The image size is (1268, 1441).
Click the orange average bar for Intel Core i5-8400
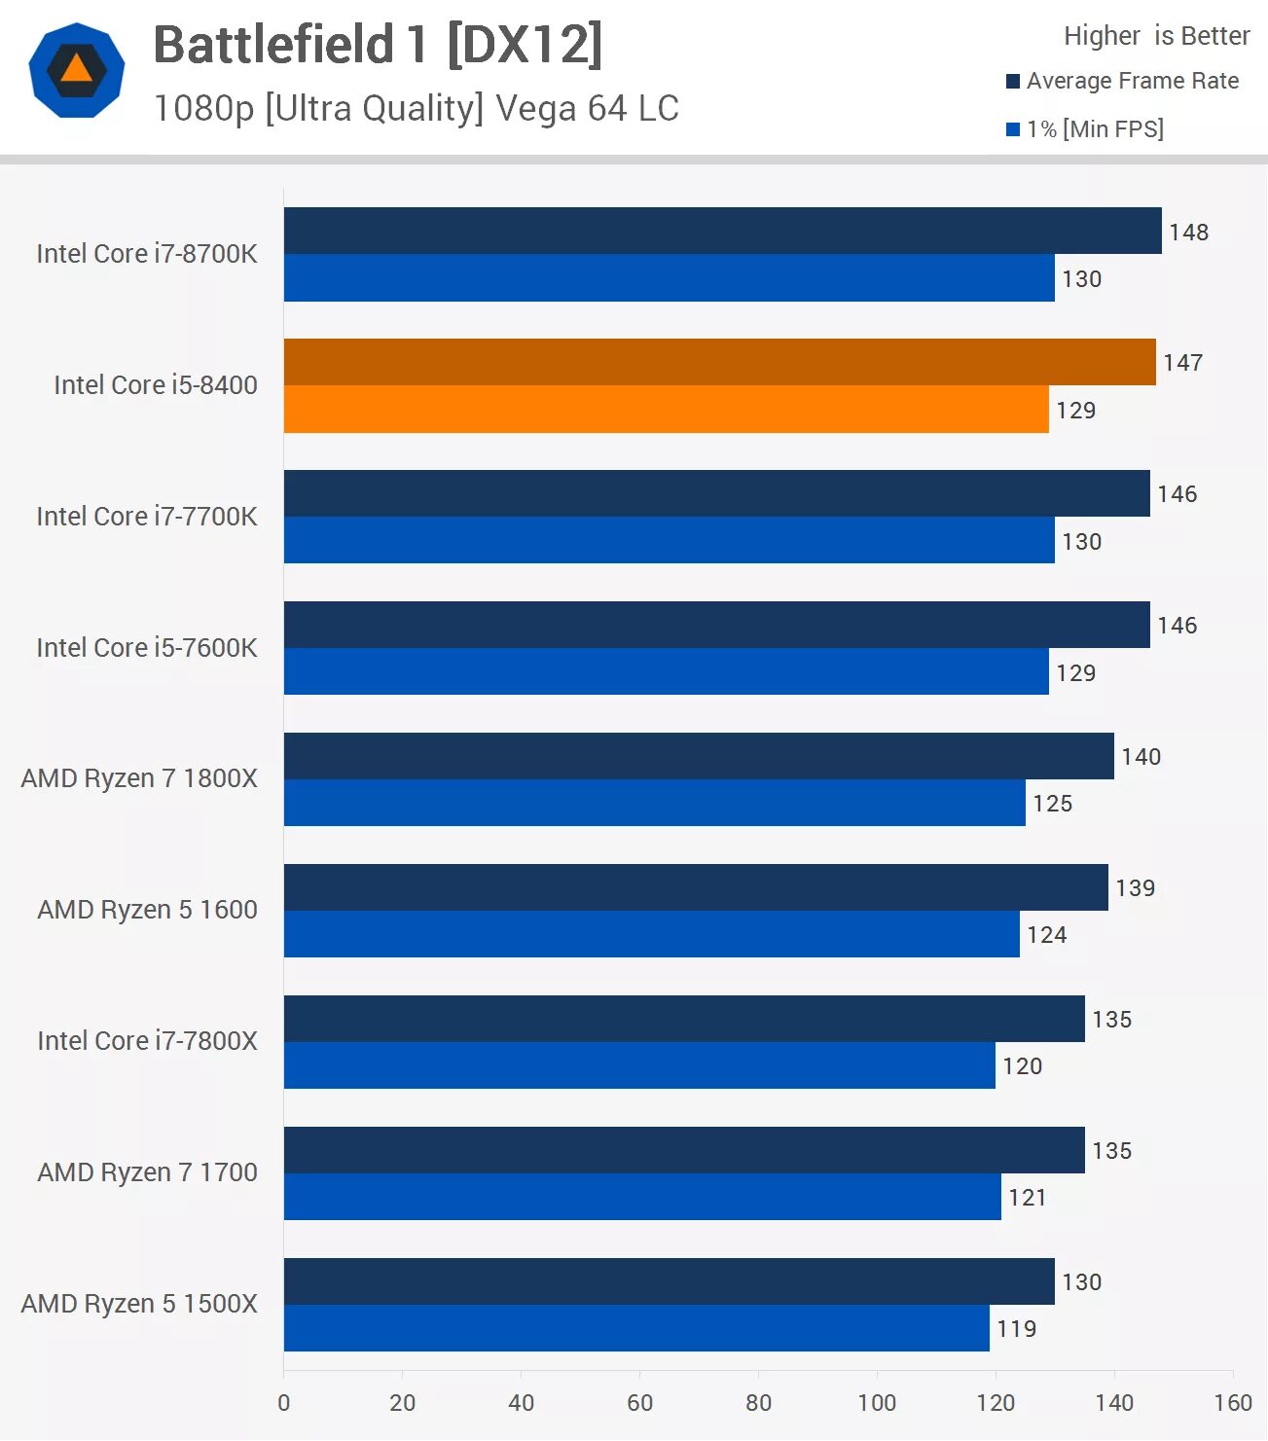pos(719,362)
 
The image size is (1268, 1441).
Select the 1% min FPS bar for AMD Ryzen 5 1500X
pos(636,1328)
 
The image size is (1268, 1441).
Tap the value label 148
pos(1188,232)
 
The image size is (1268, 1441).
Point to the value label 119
pos(1016,1328)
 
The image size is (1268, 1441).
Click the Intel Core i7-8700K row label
pos(147,254)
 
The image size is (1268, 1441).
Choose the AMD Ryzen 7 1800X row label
pos(139,778)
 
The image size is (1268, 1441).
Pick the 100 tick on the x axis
pos(877,1402)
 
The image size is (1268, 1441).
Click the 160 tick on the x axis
pos(1232,1402)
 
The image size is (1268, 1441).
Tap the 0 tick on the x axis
pos(283,1402)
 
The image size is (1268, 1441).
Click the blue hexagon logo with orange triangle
pos(77,70)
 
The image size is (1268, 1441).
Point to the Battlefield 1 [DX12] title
pos(378,45)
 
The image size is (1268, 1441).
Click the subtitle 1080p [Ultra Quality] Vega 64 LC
pos(416,108)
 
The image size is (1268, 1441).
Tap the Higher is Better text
pos(1156,36)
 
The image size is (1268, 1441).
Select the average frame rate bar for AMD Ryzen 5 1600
pos(696,887)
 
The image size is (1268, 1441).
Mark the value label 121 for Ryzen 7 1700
pos(1027,1197)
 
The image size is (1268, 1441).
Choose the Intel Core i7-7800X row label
pos(147,1041)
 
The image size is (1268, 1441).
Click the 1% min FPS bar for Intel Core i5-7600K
pos(666,671)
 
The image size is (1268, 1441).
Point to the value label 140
pos(1141,756)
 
